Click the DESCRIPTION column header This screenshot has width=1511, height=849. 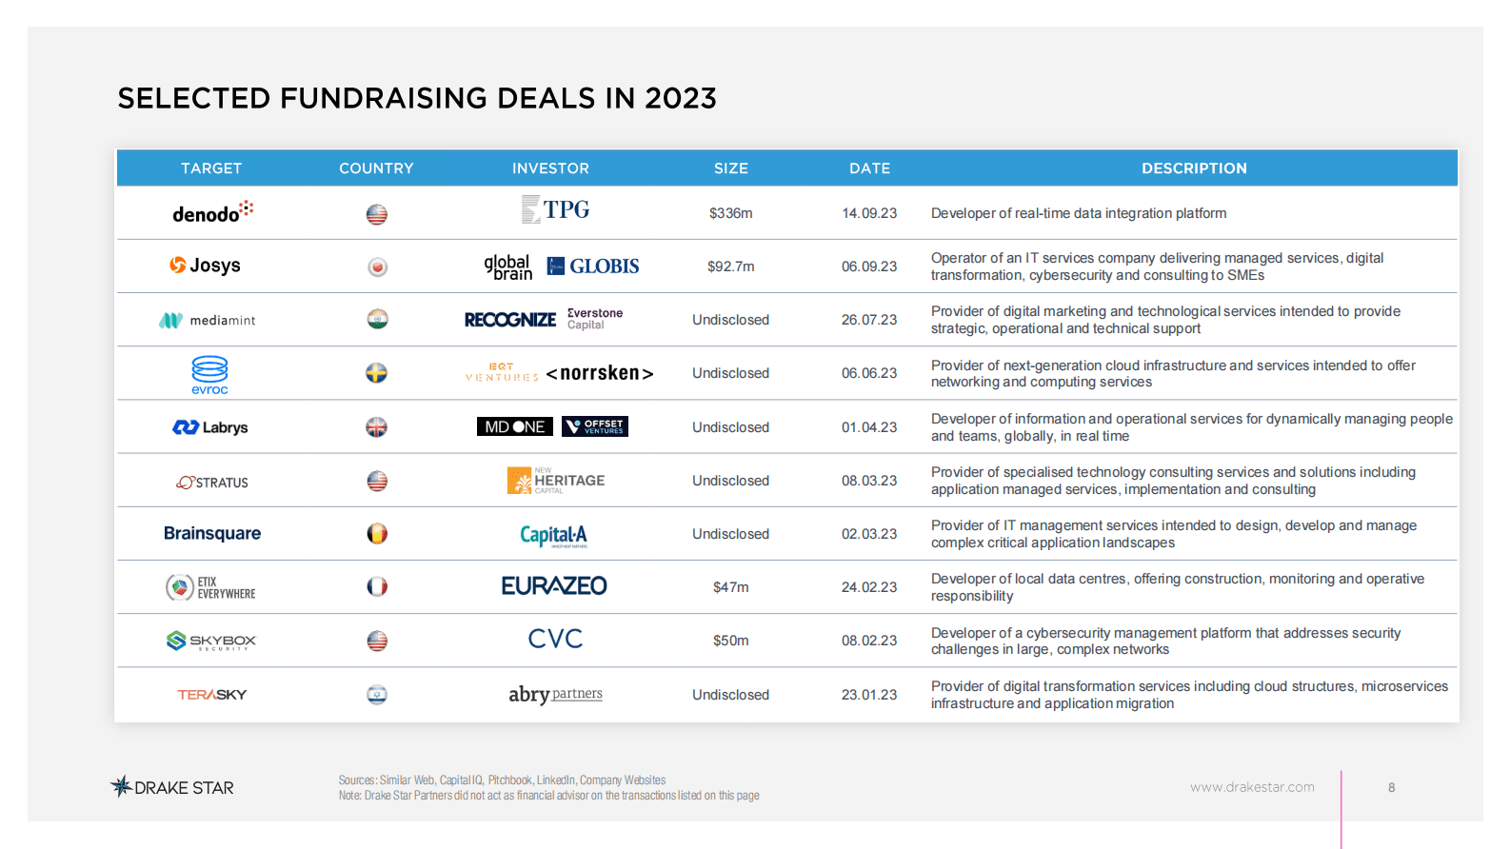(1194, 168)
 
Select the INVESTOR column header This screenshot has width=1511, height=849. (550, 168)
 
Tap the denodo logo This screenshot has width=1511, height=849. (212, 212)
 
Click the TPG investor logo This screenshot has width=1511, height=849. (556, 209)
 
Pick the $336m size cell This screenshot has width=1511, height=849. (730, 213)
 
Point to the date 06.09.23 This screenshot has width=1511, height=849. (868, 267)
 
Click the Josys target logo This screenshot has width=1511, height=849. (205, 266)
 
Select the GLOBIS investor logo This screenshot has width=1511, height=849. (593, 267)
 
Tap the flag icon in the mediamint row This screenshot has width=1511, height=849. (377, 320)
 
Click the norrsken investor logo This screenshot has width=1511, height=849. (600, 373)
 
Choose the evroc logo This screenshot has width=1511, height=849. (209, 374)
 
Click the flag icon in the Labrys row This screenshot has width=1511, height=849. (377, 427)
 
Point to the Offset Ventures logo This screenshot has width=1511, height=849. (595, 426)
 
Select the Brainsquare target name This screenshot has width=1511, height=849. (212, 534)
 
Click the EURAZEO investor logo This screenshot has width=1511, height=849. (554, 586)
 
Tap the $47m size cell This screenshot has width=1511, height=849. (730, 587)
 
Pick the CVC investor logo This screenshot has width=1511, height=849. (555, 640)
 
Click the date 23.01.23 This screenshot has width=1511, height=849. (868, 695)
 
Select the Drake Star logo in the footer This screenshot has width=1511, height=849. (172, 787)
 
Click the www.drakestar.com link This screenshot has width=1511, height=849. (1252, 787)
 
